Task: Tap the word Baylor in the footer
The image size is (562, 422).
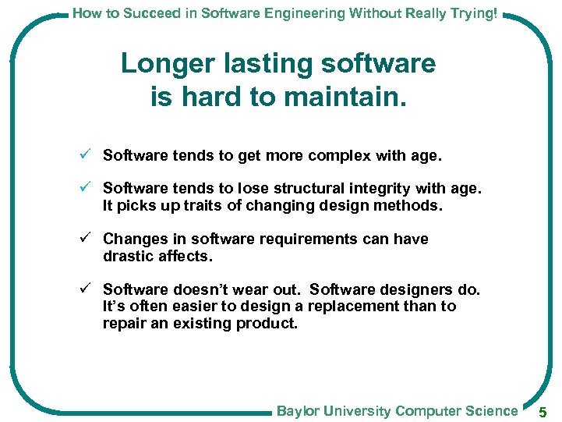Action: pyautogui.click(x=298, y=411)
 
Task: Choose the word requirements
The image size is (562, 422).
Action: pyautogui.click(x=300, y=239)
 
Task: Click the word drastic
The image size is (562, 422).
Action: pyautogui.click(x=127, y=256)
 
